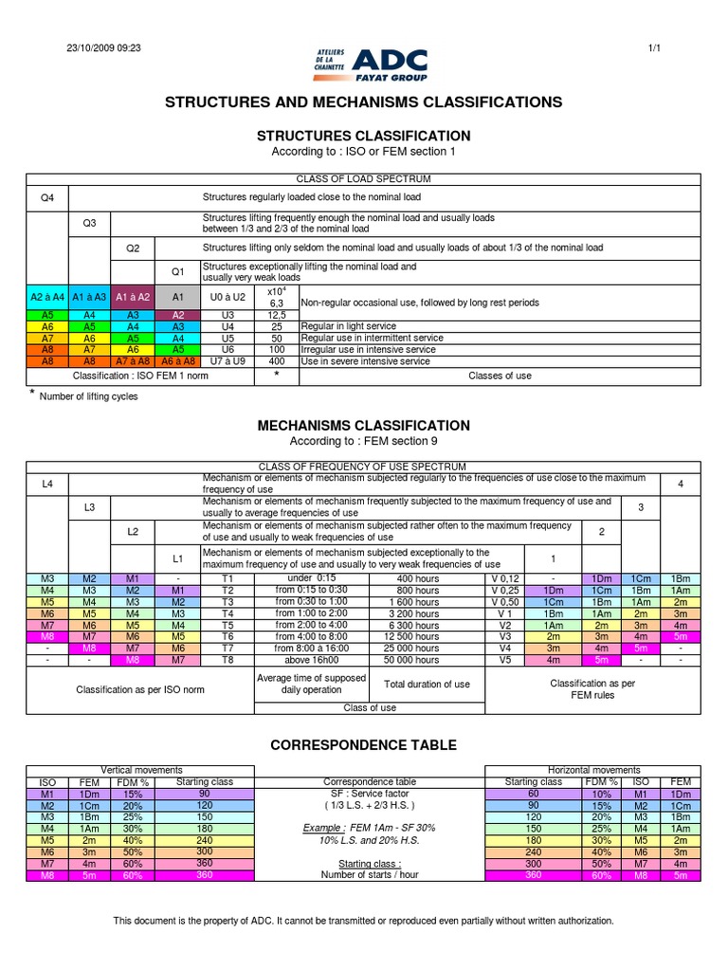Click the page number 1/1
(653, 48)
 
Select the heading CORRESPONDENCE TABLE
(364, 745)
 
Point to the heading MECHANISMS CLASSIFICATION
(364, 426)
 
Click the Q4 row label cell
(47, 198)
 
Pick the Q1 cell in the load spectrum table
(178, 271)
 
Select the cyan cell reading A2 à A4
(47, 297)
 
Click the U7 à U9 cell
(227, 361)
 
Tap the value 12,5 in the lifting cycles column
(277, 314)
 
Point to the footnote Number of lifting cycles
(88, 396)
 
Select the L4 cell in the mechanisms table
(47, 484)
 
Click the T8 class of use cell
(227, 660)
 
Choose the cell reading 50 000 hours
(418, 660)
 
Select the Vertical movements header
(141, 770)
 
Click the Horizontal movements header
(593, 770)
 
